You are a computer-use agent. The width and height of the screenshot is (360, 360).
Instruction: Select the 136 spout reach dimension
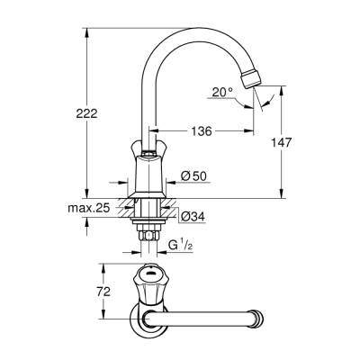point(201,131)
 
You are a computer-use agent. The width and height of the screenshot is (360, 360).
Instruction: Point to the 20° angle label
point(222,91)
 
